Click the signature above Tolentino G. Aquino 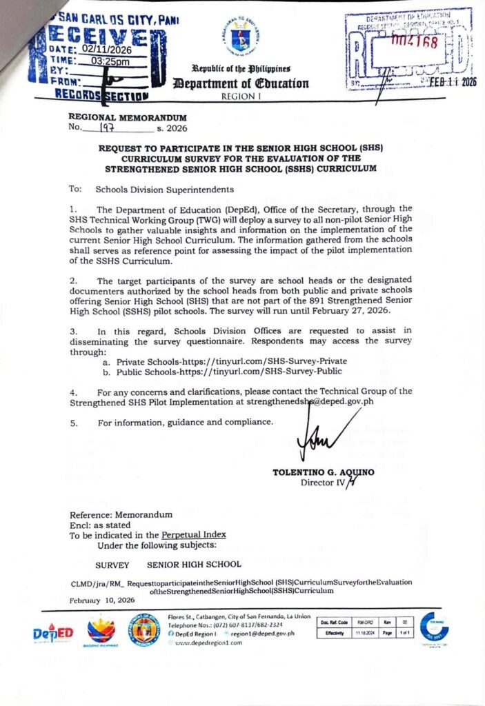pos(319,442)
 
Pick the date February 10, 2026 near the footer pos(103,600)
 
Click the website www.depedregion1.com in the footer pos(210,642)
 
